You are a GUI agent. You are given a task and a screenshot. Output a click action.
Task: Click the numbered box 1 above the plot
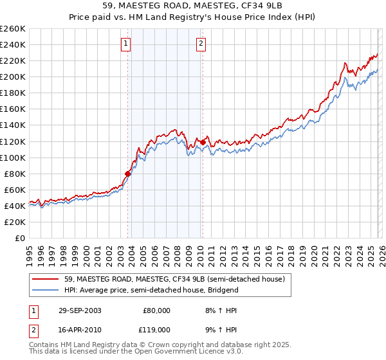[125, 44]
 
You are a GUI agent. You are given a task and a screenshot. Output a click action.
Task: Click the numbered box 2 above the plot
[201, 44]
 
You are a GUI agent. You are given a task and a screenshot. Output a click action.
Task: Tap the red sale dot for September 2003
[127, 174]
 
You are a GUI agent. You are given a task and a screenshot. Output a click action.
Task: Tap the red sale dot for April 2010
[203, 142]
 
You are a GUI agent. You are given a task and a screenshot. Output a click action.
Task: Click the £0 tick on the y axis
[19, 238]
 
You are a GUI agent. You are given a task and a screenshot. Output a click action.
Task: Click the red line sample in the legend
[46, 279]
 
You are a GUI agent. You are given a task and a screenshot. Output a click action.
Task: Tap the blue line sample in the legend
[46, 290]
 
